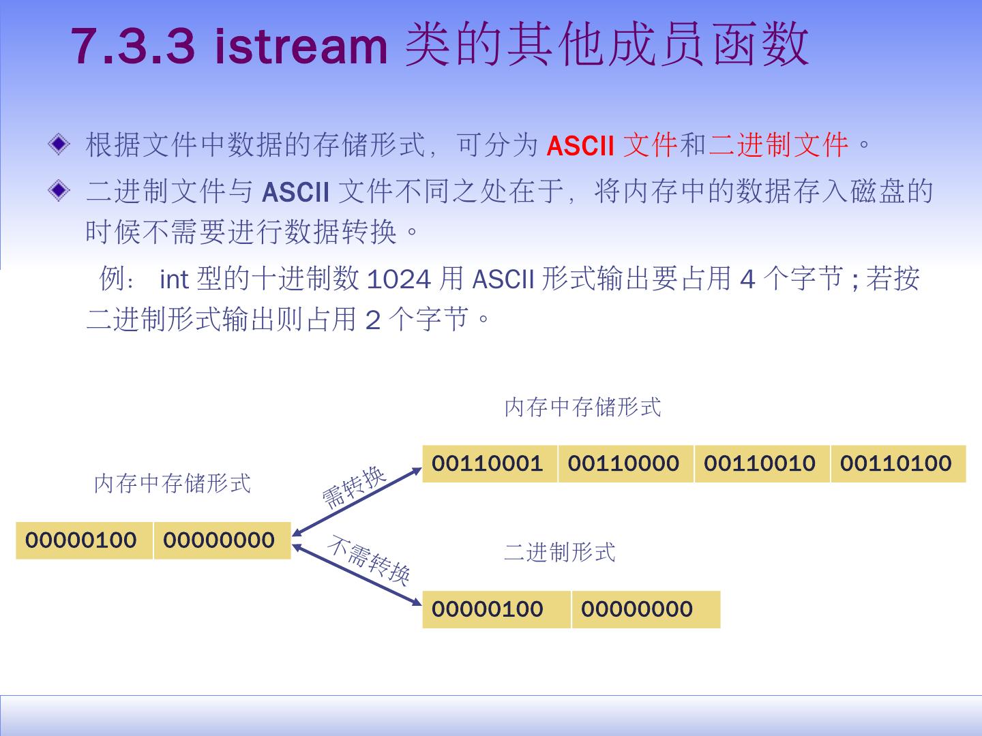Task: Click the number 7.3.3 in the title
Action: [x=134, y=46]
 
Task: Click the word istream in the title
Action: [x=301, y=46]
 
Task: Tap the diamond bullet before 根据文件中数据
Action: [x=59, y=144]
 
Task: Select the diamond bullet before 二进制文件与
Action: [x=59, y=191]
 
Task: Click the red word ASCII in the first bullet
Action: [x=580, y=146]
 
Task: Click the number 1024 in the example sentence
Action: [x=399, y=279]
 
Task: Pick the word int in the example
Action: [x=173, y=279]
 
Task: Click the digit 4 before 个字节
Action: [x=747, y=279]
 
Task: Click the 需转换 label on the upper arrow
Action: [x=354, y=487]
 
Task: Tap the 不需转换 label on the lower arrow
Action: [x=369, y=561]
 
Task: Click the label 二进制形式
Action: [x=560, y=551]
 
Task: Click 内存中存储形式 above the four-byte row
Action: [x=583, y=407]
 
